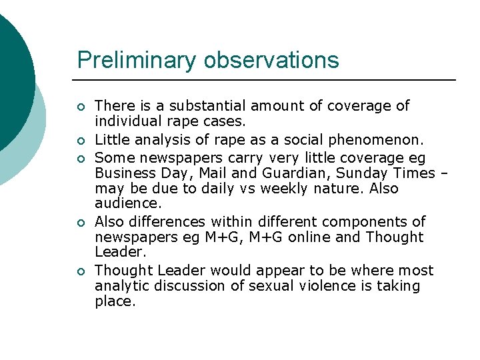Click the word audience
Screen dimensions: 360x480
pyautogui.click(x=127, y=204)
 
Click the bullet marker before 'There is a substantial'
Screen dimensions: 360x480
pyautogui.click(x=81, y=107)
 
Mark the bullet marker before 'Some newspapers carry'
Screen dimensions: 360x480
pyautogui.click(x=81, y=158)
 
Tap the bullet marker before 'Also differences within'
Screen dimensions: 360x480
pyautogui.click(x=81, y=223)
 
